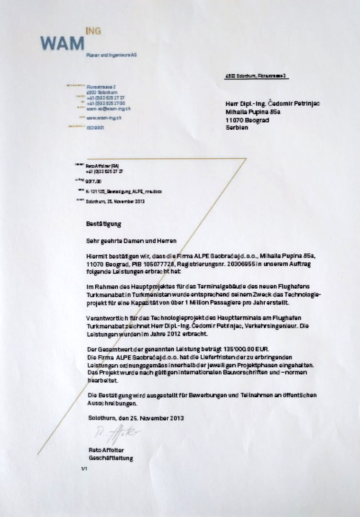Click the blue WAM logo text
click(x=62, y=44)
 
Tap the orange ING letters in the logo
click(x=93, y=31)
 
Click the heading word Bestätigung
click(x=103, y=224)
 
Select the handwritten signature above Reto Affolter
click(x=115, y=434)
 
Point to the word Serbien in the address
click(x=237, y=128)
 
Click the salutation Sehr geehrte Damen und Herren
click(x=131, y=240)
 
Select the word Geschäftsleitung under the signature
click(x=111, y=458)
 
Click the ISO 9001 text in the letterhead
click(x=95, y=128)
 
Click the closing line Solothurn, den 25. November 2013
click(x=136, y=418)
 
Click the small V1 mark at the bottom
click(x=85, y=470)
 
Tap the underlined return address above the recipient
click(x=256, y=76)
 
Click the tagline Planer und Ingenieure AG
click(x=112, y=56)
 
